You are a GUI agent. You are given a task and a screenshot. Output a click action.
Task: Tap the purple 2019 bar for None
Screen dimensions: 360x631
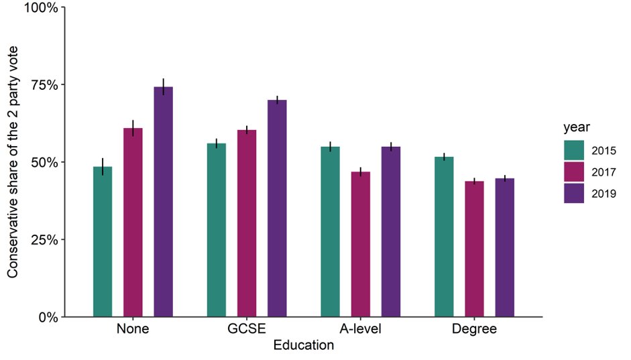(x=163, y=201)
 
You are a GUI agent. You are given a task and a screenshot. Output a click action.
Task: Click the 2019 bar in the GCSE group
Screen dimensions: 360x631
(x=277, y=208)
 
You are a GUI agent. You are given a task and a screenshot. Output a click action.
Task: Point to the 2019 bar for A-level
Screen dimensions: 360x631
(x=391, y=231)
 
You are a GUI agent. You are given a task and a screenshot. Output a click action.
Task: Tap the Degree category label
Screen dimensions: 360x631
(x=474, y=330)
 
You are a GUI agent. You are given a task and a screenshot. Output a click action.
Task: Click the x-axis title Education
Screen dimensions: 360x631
(x=304, y=346)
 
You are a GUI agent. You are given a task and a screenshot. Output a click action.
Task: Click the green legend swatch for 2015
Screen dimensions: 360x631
(x=575, y=151)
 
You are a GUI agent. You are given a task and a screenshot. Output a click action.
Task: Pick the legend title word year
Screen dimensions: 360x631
(x=575, y=127)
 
